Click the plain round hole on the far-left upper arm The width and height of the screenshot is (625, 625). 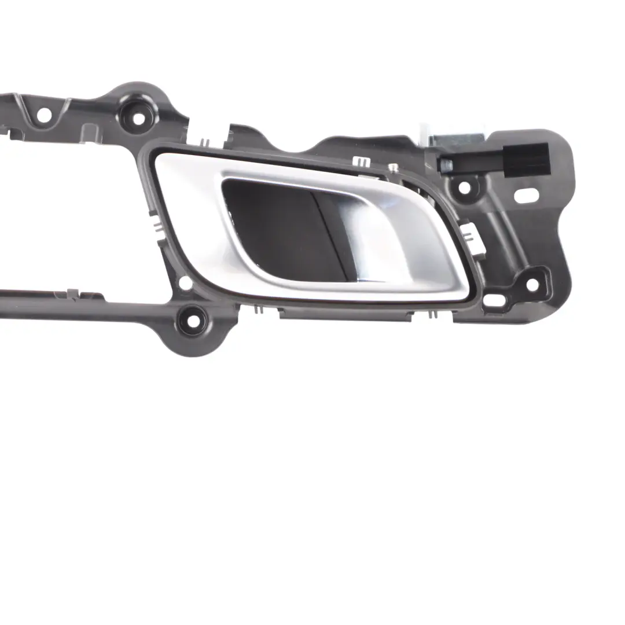tap(43, 115)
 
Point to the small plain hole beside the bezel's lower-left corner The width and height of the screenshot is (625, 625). tap(185, 283)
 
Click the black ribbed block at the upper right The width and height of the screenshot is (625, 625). tap(526, 158)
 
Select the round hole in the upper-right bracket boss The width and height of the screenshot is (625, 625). tap(464, 187)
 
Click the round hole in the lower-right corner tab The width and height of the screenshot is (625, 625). tap(532, 285)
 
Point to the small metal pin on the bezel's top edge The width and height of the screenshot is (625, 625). tap(394, 168)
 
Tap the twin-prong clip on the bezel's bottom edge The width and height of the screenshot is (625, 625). tap(259, 308)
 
